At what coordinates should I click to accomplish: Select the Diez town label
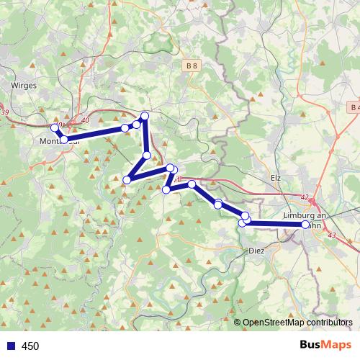(256, 251)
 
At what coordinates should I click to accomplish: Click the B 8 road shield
(192, 66)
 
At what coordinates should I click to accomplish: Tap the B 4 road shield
(352, 107)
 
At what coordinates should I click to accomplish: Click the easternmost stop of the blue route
(306, 225)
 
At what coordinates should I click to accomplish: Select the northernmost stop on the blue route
(145, 116)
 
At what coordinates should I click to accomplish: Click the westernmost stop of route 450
(54, 127)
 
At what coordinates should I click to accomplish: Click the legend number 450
(30, 346)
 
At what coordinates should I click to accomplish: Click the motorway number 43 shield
(331, 235)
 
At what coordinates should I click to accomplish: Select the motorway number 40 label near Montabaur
(86, 120)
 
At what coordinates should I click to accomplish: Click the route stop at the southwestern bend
(127, 179)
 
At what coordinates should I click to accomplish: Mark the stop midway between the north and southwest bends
(147, 155)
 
